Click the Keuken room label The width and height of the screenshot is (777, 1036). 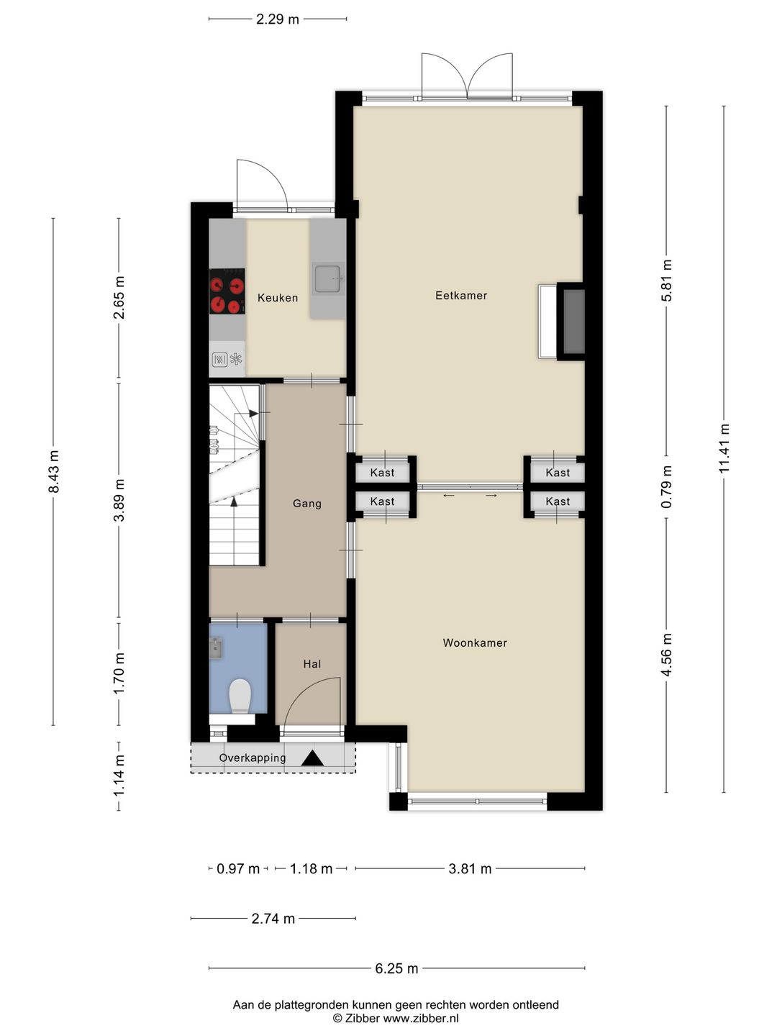(x=278, y=298)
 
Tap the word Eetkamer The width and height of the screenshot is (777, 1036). (x=461, y=296)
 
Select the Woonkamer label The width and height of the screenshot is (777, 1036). (x=475, y=643)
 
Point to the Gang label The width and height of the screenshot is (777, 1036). (x=307, y=504)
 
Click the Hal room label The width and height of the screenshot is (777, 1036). (x=312, y=664)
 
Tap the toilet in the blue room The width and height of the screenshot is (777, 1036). (x=240, y=696)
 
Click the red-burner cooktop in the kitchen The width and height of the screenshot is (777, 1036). (x=227, y=291)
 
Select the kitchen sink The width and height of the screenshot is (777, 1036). (x=328, y=278)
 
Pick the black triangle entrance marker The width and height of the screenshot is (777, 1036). (x=312, y=758)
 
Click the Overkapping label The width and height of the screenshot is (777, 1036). (x=253, y=758)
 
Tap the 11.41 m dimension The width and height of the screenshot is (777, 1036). (x=724, y=448)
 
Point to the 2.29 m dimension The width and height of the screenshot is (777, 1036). (x=278, y=19)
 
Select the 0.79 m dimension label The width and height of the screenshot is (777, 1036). (x=666, y=487)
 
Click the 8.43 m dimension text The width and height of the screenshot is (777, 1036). (x=53, y=471)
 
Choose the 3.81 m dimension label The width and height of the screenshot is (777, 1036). (x=470, y=869)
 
